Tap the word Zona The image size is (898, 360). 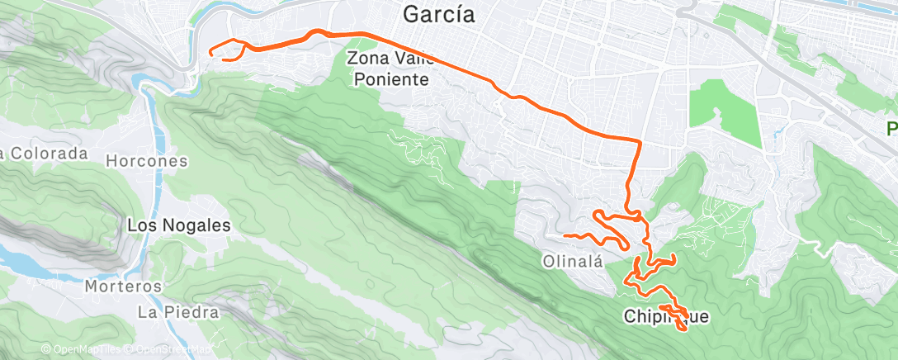pos(366,59)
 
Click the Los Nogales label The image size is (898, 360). pos(178,225)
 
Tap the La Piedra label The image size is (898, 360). pos(178,312)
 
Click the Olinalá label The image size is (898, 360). pos(570,261)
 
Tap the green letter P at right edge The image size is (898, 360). pos(891,129)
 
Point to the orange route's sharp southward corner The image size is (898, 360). pos(640,141)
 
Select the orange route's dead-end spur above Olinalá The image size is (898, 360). pos(565,236)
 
